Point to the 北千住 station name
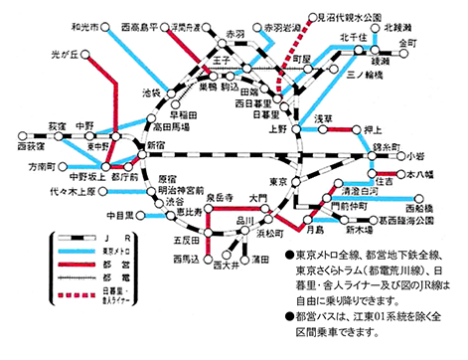click(x=355, y=38)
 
